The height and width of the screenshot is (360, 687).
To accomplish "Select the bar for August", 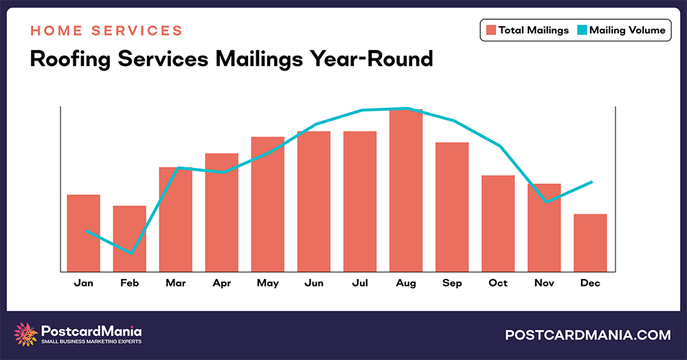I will tap(406, 190).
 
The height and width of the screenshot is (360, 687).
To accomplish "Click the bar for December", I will tap(590, 243).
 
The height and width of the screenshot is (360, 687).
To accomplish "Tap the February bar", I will tap(129, 238).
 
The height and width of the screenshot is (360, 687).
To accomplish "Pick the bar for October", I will tap(498, 223).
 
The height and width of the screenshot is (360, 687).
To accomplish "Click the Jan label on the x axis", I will tap(83, 283).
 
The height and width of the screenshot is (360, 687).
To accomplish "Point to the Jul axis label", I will tap(359, 283).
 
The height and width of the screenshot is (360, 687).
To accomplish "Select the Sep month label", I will tap(452, 283).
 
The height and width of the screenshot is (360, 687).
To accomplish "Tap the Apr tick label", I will tap(221, 283).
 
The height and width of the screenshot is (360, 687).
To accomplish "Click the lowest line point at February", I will tap(130, 253).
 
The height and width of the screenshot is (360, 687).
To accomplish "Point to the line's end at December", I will tap(592, 182).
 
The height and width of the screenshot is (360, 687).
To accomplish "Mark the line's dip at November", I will tap(545, 202).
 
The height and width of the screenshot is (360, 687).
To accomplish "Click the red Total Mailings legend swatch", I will tap(491, 30).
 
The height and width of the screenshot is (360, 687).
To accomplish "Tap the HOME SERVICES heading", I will tap(106, 31).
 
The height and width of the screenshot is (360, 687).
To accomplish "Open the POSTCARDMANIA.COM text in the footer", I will tap(587, 335).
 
